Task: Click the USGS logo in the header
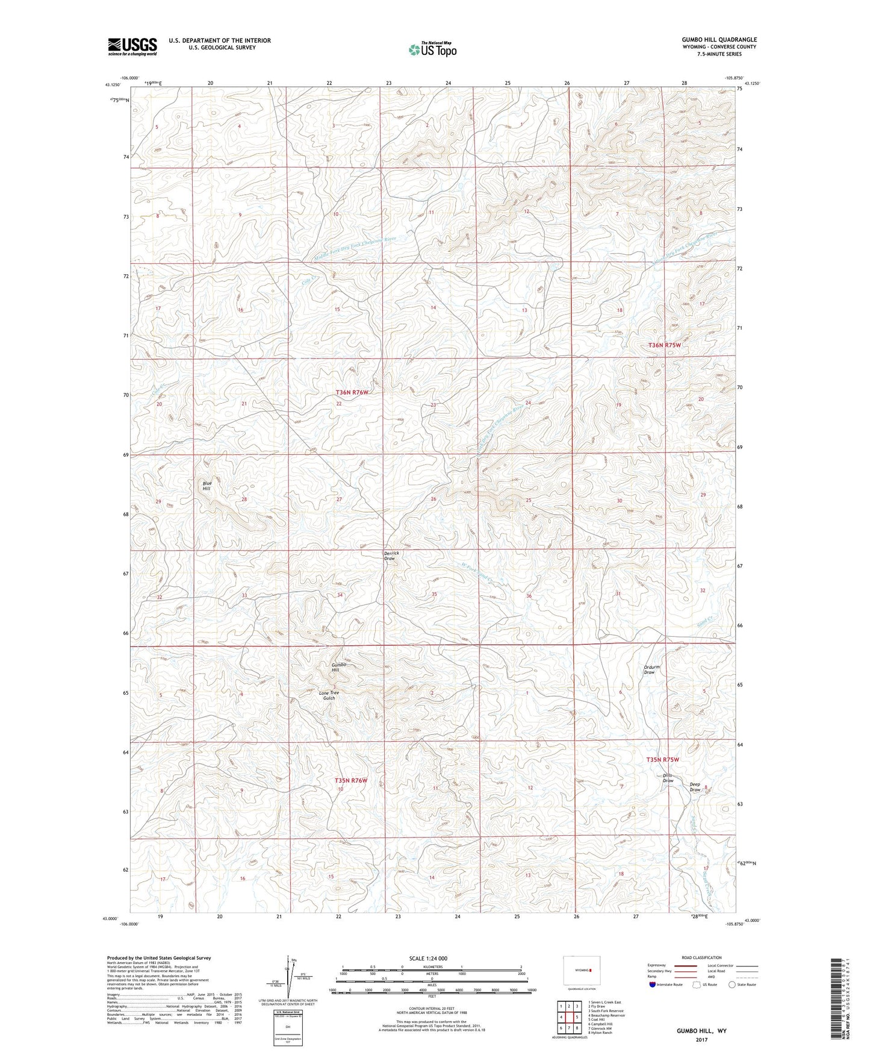pyautogui.click(x=132, y=46)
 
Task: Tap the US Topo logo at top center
pyautogui.click(x=432, y=49)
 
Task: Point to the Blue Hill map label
pyautogui.click(x=207, y=486)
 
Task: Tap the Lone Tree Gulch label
pyautogui.click(x=329, y=695)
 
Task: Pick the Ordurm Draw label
pyautogui.click(x=652, y=669)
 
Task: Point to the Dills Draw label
pyautogui.click(x=668, y=778)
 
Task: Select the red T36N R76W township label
pyautogui.click(x=352, y=392)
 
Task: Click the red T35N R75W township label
pyautogui.click(x=662, y=760)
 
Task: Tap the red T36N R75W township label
pyautogui.click(x=664, y=345)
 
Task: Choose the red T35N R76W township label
pyautogui.click(x=350, y=780)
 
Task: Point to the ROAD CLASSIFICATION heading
pyautogui.click(x=701, y=957)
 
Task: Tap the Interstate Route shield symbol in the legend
pyautogui.click(x=652, y=985)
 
